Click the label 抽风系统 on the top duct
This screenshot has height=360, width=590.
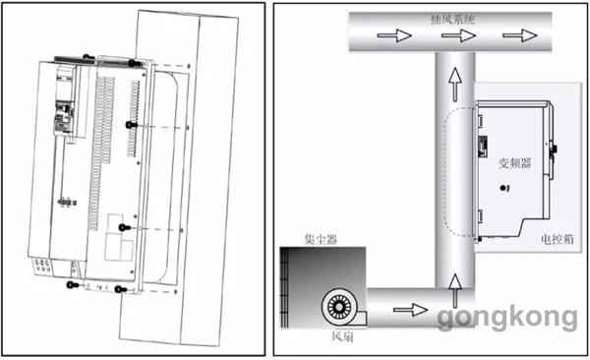point(452,20)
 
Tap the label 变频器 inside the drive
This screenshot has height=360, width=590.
point(514,163)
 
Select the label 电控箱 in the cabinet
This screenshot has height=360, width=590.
point(558,239)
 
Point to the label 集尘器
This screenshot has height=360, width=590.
point(321,239)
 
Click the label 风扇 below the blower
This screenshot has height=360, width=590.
point(342,335)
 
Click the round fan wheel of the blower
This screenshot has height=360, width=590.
point(338,307)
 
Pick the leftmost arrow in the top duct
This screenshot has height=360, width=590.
point(394,35)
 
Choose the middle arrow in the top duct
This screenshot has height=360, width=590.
point(458,35)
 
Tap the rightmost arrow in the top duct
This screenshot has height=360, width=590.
point(520,35)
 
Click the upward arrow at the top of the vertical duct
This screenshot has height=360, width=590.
point(455,84)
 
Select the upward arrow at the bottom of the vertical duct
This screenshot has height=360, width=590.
point(455,290)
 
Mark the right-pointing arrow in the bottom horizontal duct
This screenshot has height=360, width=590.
point(410,310)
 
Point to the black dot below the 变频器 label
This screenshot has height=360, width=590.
point(503,188)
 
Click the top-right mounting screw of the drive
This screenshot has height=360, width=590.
point(133,63)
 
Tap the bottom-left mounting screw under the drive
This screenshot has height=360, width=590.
point(72,284)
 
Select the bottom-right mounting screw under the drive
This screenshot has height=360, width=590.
point(120,289)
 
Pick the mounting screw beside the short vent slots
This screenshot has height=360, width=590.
point(131,125)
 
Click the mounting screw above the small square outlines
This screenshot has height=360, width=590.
point(124,227)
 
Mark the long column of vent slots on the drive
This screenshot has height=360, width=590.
point(101,152)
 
